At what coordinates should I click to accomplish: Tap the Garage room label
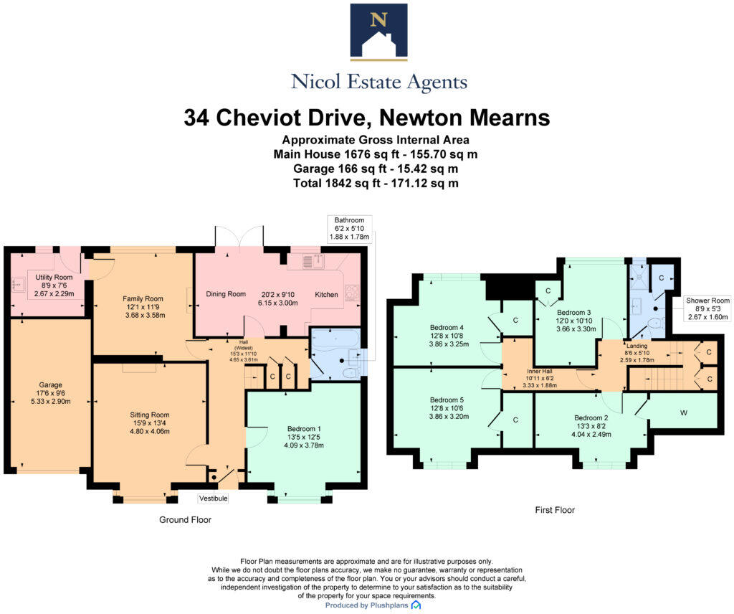point(51,393)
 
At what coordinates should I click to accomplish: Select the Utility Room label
point(54,285)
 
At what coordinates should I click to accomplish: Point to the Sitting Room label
point(150,423)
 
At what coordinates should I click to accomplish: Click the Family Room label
point(143,307)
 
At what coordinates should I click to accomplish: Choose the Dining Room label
point(226,294)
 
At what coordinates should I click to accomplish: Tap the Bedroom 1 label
point(304,437)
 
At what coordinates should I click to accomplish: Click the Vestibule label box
point(214,499)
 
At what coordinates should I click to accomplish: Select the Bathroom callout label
point(349,229)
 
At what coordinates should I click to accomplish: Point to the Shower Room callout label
point(707,308)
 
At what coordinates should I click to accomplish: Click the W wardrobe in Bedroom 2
point(683,412)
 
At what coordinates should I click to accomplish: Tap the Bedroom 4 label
point(449,336)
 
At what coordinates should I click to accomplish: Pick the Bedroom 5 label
point(449,408)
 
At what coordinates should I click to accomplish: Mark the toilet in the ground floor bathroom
point(351,373)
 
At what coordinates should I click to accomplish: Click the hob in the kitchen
point(351,291)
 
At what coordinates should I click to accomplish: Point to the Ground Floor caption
point(186,520)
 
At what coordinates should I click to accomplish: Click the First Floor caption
point(555,510)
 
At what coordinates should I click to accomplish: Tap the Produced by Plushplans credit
point(373,605)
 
